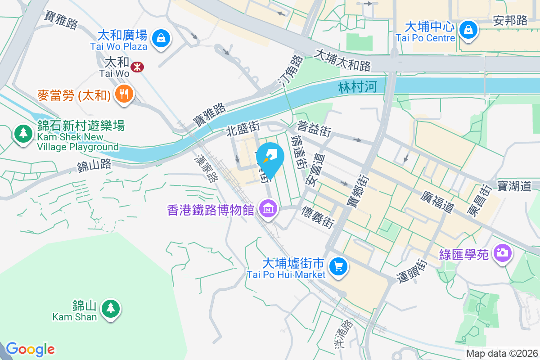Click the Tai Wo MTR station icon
point(136,67)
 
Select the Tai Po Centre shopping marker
point(468,30)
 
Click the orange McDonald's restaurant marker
point(123,94)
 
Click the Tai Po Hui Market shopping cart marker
point(338,266)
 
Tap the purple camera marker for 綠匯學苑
point(502,252)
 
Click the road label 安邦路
point(510,20)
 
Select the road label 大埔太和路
point(343,60)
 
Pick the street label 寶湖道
point(514,185)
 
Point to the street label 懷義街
point(319,216)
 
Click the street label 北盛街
point(243,130)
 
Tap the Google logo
point(30,349)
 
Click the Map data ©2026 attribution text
point(502,353)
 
